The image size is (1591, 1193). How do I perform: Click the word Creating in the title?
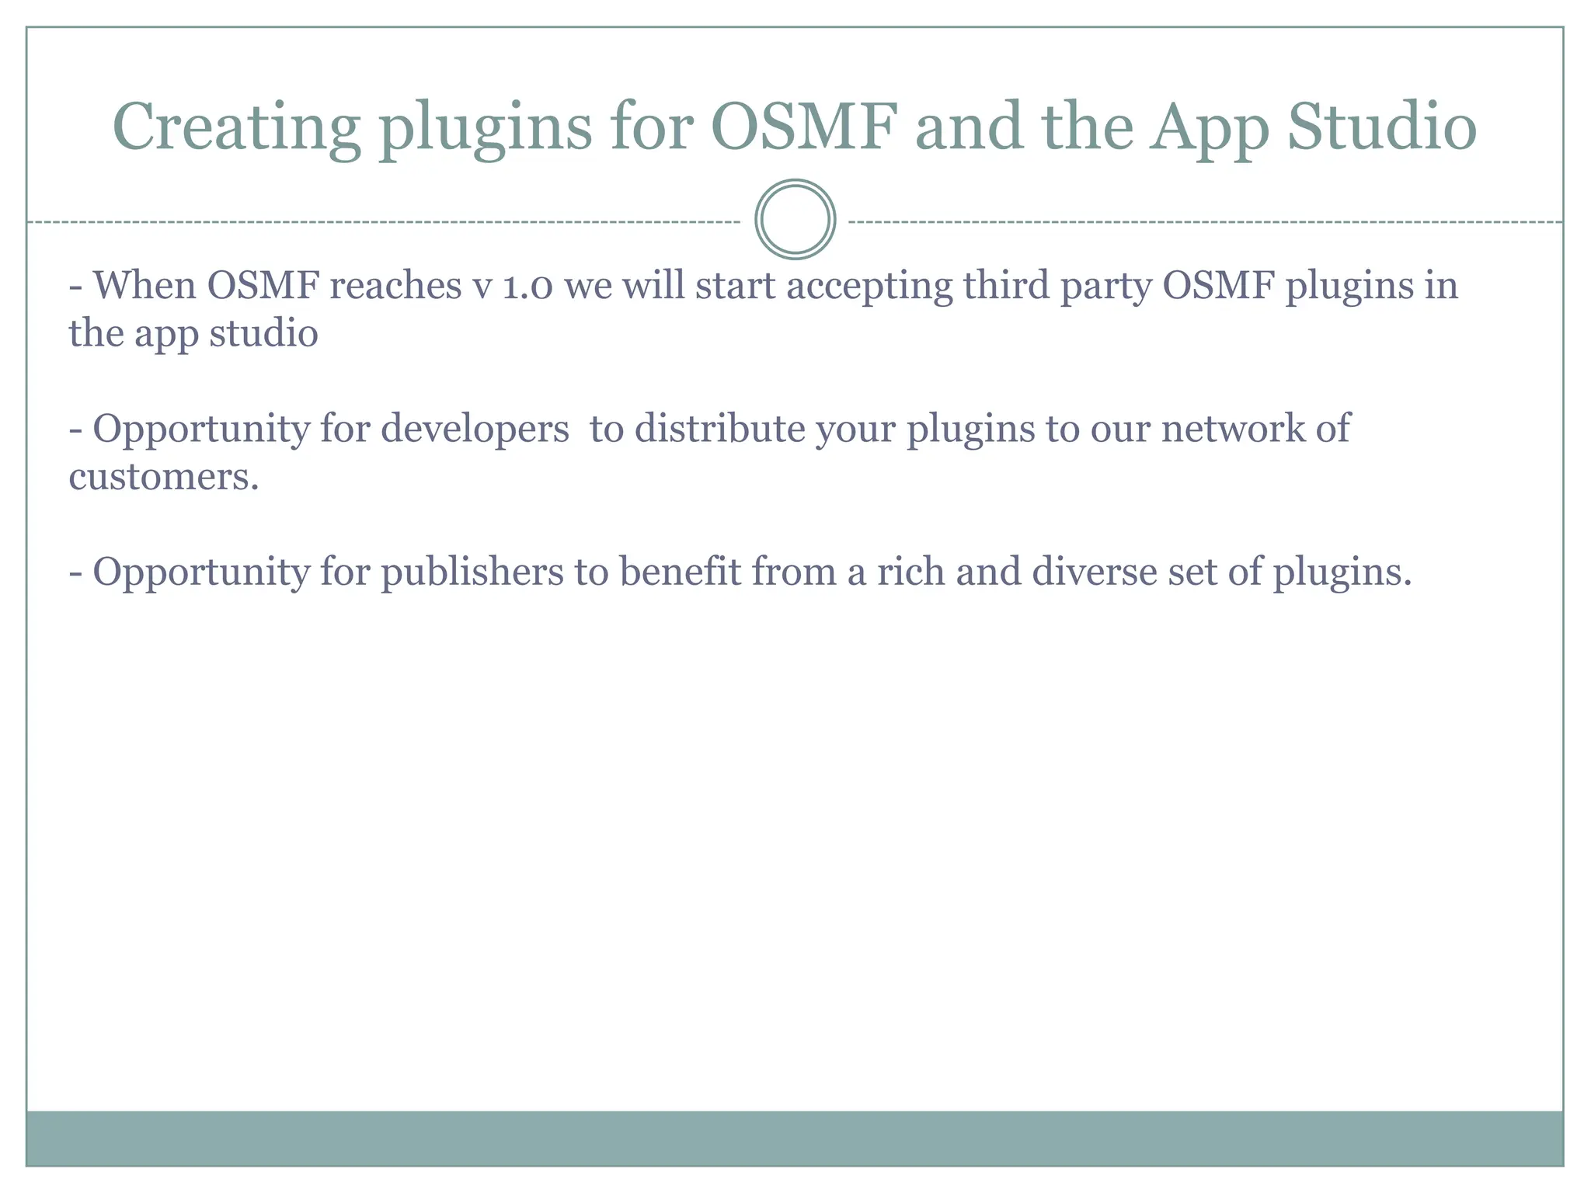point(236,127)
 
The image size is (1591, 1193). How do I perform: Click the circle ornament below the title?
point(795,220)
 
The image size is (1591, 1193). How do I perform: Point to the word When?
point(144,286)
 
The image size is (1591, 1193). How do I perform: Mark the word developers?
point(475,430)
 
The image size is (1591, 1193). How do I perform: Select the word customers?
point(163,477)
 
